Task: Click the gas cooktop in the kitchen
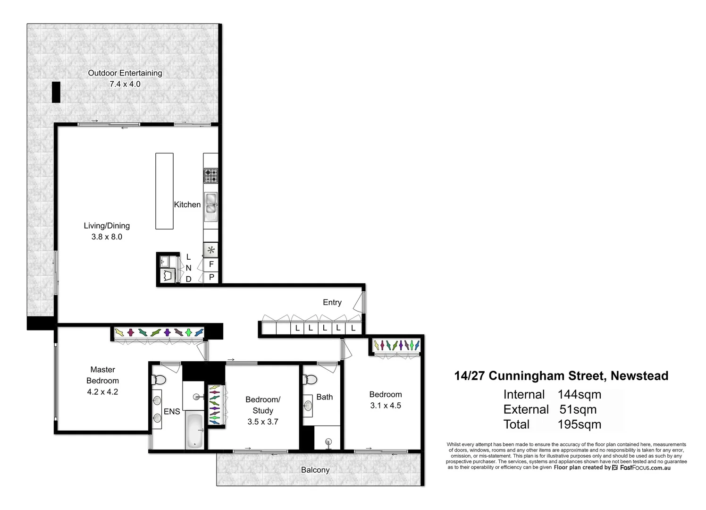pyautogui.click(x=211, y=176)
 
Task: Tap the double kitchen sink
pyautogui.click(x=211, y=206)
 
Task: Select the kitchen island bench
pyautogui.click(x=164, y=191)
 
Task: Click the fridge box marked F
pyautogui.click(x=211, y=264)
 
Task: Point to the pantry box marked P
pyautogui.click(x=211, y=277)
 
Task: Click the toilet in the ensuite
pyautogui.click(x=159, y=380)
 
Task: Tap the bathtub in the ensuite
pyautogui.click(x=194, y=430)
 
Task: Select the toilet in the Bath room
pyautogui.click(x=310, y=379)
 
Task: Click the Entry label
pyautogui.click(x=332, y=302)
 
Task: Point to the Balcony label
pyautogui.click(x=315, y=470)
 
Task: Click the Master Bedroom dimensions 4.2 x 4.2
pyautogui.click(x=102, y=391)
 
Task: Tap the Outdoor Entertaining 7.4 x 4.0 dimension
pyautogui.click(x=125, y=84)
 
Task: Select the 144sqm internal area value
pyautogui.click(x=579, y=394)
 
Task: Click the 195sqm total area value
pyautogui.click(x=579, y=424)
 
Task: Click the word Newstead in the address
pyautogui.click(x=639, y=376)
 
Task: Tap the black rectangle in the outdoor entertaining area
pyautogui.click(x=56, y=92)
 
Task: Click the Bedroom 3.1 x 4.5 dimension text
pyautogui.click(x=386, y=405)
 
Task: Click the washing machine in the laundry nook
pyautogui.click(x=167, y=276)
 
